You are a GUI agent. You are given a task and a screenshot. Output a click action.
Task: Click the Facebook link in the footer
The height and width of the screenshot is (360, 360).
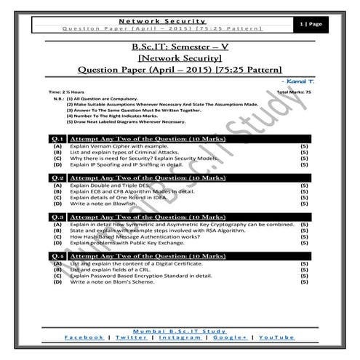click(84, 337)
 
